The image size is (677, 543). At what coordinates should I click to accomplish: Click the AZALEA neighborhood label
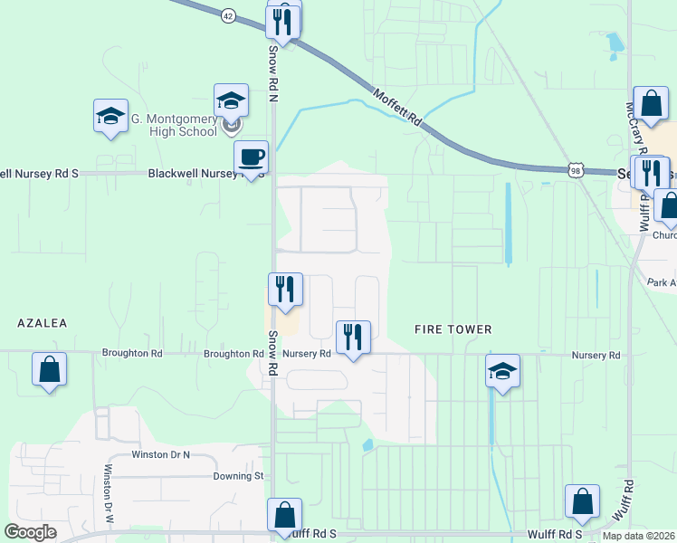coord(42,322)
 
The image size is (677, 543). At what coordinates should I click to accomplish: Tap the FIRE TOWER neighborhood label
coord(453,329)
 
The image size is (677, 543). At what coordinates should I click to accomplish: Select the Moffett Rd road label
coord(396,106)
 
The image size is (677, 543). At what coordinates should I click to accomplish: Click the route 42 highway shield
coord(227,14)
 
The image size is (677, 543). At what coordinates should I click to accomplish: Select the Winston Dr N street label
coord(161,454)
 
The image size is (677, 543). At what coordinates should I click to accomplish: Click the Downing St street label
coord(237,475)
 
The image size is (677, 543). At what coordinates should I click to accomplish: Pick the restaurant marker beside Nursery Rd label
coord(350,338)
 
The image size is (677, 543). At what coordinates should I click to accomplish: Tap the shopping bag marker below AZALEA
coord(49,369)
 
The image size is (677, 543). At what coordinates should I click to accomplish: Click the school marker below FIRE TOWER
coord(502,370)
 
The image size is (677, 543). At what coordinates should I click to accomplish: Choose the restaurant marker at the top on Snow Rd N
coord(282,21)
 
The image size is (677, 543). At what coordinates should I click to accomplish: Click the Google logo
coord(30,532)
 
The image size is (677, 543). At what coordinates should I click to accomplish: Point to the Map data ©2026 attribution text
coord(639,536)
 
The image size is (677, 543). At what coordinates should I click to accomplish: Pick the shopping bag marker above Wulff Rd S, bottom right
coord(582,500)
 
